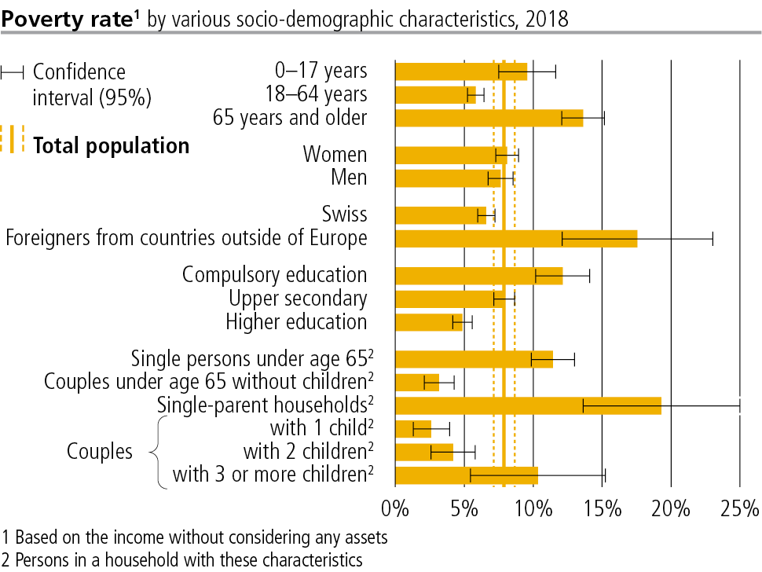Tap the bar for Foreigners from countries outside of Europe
tap(515, 238)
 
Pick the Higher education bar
tap(429, 322)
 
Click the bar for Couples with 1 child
tap(413, 428)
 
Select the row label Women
tap(335, 154)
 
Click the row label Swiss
tap(344, 214)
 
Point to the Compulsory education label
tap(274, 275)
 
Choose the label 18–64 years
tap(316, 94)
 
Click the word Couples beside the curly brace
tap(100, 452)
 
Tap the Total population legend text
tap(111, 145)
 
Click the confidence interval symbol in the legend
tap(13, 73)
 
